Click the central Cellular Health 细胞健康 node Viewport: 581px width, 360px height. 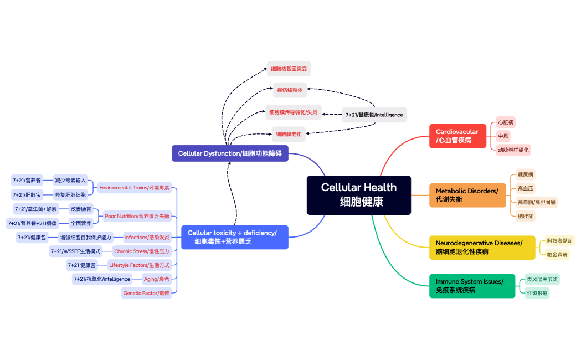(359, 195)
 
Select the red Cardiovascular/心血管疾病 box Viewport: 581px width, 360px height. (457, 136)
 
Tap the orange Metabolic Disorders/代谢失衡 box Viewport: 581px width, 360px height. (467, 195)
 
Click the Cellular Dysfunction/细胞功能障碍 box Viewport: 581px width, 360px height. (230, 153)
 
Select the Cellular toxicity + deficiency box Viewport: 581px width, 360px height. (235, 237)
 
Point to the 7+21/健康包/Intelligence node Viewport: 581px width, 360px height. (374, 115)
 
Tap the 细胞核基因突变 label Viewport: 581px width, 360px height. (289, 69)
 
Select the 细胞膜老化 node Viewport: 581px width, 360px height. (289, 133)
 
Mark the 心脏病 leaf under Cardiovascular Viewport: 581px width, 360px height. (506, 122)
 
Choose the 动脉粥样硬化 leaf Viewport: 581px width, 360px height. (513, 150)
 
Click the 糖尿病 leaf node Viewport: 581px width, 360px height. (526, 174)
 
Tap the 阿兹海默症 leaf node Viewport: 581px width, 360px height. (559, 241)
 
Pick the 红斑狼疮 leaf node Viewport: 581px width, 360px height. (537, 293)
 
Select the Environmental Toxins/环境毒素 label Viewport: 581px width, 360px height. (135, 188)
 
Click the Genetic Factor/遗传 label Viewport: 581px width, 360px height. (147, 293)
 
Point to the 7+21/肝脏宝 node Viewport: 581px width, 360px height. (27, 194)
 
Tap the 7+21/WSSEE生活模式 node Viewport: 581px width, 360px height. (76, 251)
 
